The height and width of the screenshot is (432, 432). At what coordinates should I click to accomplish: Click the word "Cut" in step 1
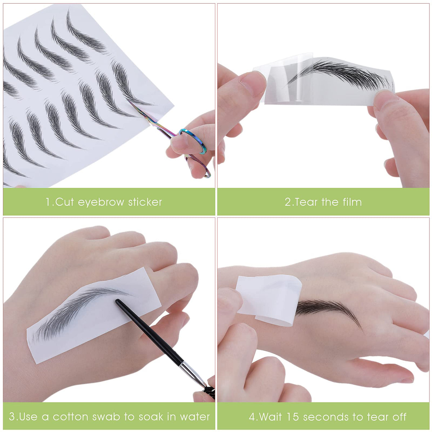tap(64, 202)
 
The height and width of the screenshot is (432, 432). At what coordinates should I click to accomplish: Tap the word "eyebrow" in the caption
tap(101, 203)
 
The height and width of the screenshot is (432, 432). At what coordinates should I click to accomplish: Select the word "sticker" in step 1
tap(145, 202)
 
